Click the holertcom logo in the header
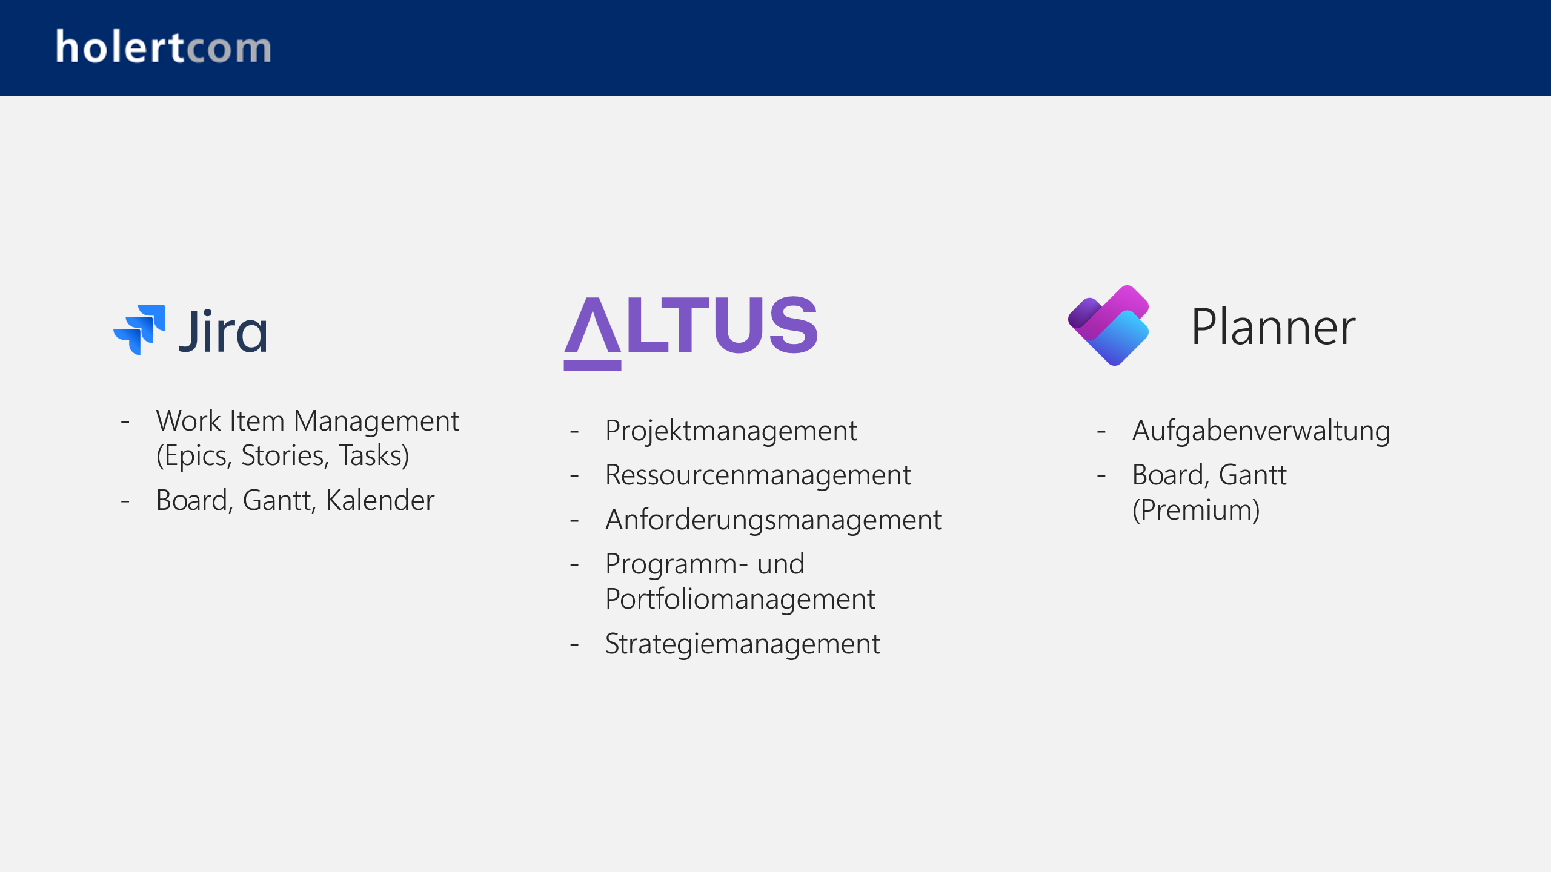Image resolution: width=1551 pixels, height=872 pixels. [164, 47]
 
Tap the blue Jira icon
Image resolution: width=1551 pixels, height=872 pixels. [140, 329]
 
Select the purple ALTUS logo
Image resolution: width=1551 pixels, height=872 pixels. [691, 330]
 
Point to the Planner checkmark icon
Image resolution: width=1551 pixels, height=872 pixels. [1108, 326]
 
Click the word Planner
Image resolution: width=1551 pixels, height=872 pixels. [1273, 327]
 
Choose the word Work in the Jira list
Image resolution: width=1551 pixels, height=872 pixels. [188, 421]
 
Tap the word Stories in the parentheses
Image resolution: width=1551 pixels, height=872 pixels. [285, 455]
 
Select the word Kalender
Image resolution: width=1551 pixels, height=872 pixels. [380, 500]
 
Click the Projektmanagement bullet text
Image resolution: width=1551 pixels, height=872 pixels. [731, 431]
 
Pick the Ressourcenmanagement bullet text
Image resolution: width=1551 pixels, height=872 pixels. [757, 475]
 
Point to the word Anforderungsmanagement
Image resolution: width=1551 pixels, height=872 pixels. [773, 520]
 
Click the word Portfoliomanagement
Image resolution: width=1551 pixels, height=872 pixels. [740, 599]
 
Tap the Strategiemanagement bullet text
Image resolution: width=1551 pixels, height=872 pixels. [742, 644]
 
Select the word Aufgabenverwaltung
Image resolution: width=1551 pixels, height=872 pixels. [1261, 431]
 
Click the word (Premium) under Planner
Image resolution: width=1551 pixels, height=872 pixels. [1195, 510]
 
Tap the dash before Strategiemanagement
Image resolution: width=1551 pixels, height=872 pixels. [574, 644]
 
